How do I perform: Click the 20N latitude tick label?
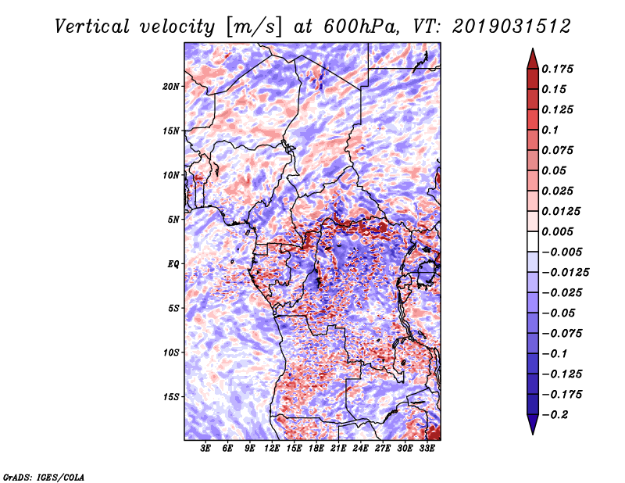[x=171, y=87]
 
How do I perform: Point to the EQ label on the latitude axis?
[x=173, y=264]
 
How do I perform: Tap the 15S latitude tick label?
[x=171, y=397]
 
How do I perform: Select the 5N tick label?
[x=173, y=220]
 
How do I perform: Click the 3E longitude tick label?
[x=205, y=449]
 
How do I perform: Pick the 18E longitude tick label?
[x=316, y=449]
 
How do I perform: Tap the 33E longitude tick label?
[x=427, y=449]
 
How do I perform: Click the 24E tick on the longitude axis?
[x=360, y=449]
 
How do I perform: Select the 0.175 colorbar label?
[x=557, y=69]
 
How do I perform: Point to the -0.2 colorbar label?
[x=555, y=415]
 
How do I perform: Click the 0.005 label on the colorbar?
[x=557, y=231]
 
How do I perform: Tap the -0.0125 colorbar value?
[x=565, y=273]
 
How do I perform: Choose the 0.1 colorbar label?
[x=550, y=130]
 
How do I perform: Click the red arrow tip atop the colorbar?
[x=533, y=48]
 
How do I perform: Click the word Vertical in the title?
[x=92, y=27]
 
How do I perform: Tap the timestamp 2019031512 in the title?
[x=512, y=27]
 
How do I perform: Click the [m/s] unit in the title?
[x=253, y=27]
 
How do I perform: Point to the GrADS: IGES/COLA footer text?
[x=44, y=478]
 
